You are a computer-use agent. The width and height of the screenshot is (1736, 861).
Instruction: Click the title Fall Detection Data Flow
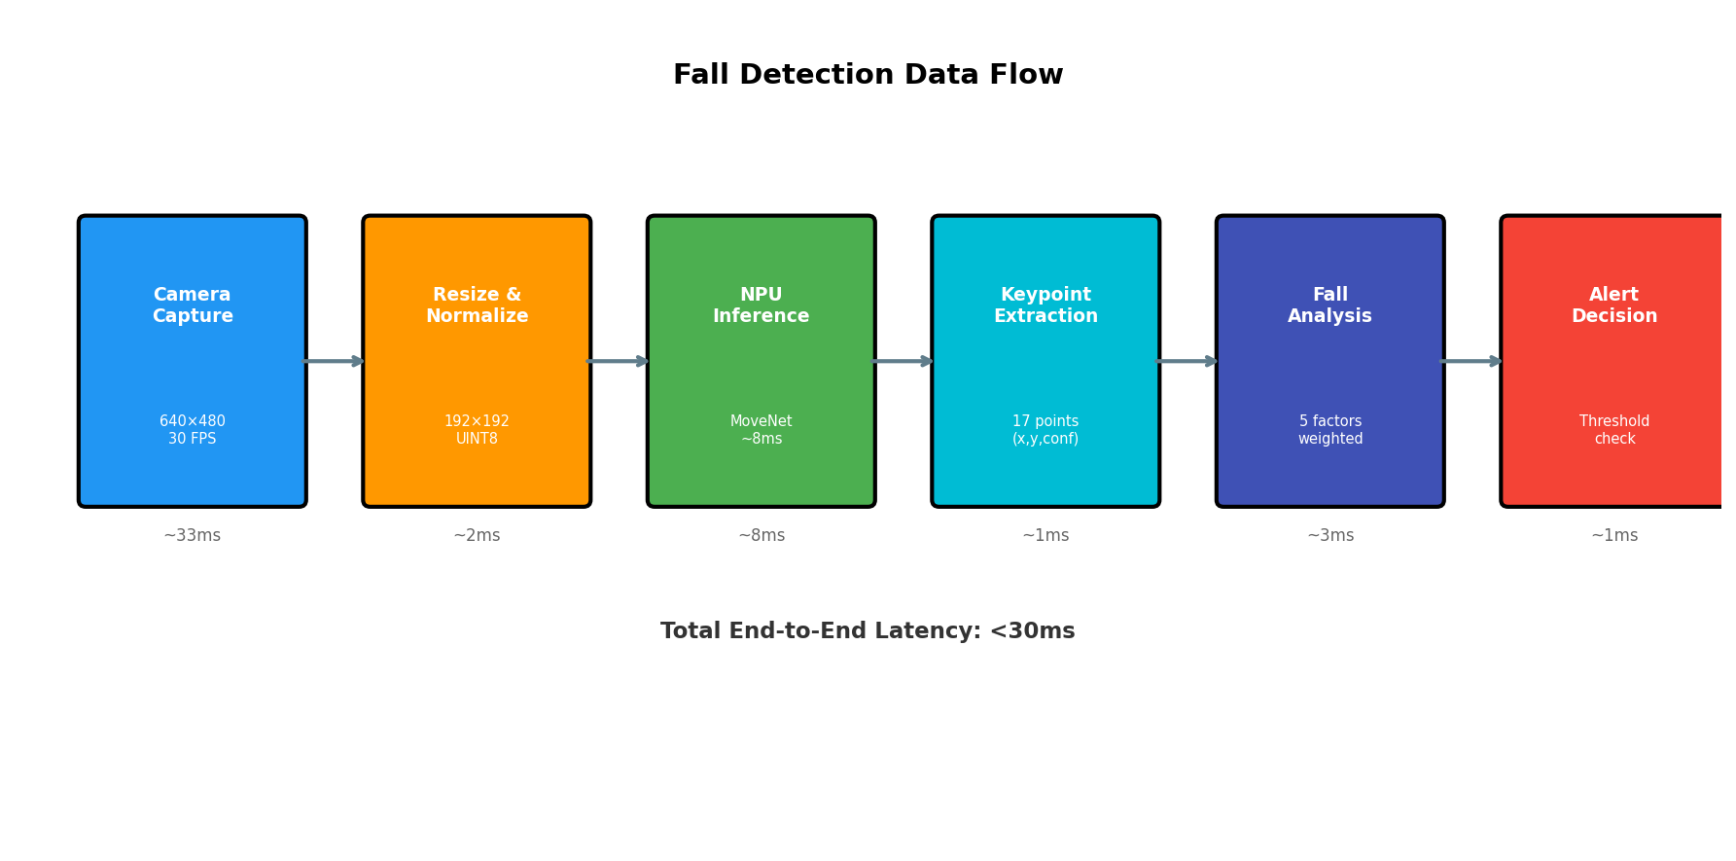[868, 75]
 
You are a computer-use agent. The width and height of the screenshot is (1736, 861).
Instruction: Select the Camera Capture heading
[193, 305]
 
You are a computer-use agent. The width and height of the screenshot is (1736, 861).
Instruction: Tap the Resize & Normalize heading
[477, 305]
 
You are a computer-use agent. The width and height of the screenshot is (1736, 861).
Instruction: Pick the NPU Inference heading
[761, 305]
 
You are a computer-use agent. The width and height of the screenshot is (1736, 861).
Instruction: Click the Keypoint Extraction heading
[1045, 305]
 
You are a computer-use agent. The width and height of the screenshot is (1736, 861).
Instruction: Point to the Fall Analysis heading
[1329, 305]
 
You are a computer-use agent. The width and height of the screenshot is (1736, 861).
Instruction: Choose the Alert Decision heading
[1613, 305]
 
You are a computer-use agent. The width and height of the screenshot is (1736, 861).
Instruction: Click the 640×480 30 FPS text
[193, 430]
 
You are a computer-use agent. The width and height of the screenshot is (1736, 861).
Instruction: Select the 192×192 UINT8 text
[477, 430]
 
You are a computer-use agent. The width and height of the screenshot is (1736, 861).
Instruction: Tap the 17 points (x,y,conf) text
[1045, 430]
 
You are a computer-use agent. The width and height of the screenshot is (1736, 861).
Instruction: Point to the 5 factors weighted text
[1329, 430]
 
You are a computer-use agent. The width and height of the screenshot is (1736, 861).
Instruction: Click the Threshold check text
[1613, 430]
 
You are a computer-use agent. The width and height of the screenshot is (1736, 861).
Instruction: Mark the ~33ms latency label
[193, 536]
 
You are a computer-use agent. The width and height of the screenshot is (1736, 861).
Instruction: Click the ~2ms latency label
[477, 536]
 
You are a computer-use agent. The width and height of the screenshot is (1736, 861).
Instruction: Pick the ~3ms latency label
[1329, 536]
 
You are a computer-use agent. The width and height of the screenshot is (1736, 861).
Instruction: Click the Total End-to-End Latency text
[868, 631]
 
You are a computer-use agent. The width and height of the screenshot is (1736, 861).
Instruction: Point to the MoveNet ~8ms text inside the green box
[761, 430]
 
